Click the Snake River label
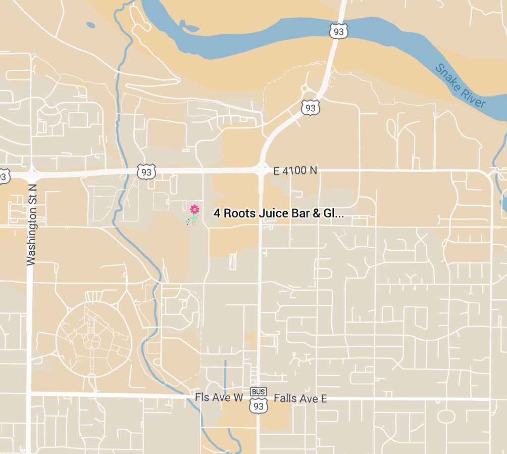461,85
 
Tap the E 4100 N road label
295,171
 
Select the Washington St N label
32,223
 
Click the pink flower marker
194,209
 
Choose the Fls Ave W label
219,397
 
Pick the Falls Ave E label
300,399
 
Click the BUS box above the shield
258,392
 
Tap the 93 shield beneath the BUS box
259,405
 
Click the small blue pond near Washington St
90,25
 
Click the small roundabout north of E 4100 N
305,88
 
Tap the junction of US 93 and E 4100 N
261,170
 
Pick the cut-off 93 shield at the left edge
3,176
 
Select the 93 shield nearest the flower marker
146,172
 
